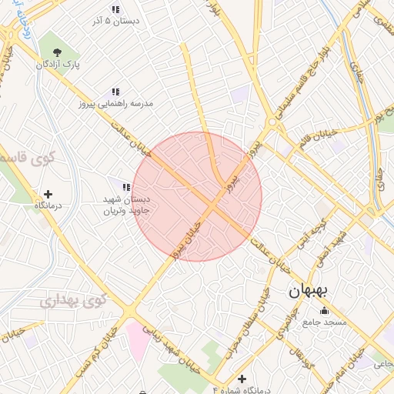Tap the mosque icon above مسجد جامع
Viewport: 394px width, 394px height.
point(324,311)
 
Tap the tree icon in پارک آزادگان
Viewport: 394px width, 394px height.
point(58,52)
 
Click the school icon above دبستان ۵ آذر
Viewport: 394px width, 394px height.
point(115,10)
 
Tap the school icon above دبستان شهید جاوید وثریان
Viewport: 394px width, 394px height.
point(126,187)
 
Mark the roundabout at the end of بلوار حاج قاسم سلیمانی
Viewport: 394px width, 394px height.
point(272,122)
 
